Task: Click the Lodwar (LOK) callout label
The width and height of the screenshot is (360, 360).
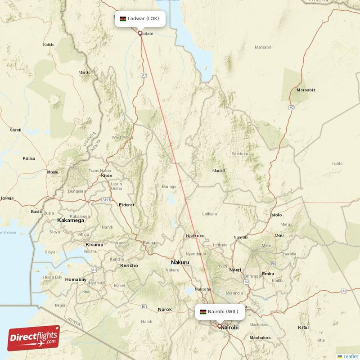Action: click(140, 19)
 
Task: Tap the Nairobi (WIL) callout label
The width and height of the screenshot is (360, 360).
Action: click(220, 311)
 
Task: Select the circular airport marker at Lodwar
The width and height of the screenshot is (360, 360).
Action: click(140, 33)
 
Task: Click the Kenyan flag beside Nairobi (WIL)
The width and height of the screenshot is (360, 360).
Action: click(203, 311)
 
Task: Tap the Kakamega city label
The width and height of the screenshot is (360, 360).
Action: click(71, 220)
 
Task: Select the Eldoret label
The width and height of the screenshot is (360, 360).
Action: click(126, 205)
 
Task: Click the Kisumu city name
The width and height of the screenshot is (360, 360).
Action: click(94, 245)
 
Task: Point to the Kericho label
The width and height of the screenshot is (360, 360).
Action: click(129, 265)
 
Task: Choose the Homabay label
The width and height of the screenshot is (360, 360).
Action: click(76, 279)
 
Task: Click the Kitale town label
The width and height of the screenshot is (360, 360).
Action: click(106, 176)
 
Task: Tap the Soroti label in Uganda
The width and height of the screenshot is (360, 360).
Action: click(16, 130)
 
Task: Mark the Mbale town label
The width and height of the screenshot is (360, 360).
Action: click(53, 172)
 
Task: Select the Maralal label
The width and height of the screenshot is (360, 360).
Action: click(219, 171)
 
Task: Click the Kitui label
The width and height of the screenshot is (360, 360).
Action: click(303, 327)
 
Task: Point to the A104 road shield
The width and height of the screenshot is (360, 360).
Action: click(106, 199)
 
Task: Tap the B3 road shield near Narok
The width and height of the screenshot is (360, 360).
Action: click(144, 306)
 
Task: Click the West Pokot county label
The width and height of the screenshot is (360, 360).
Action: click(123, 137)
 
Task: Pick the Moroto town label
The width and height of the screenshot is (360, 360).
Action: click(85, 72)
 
